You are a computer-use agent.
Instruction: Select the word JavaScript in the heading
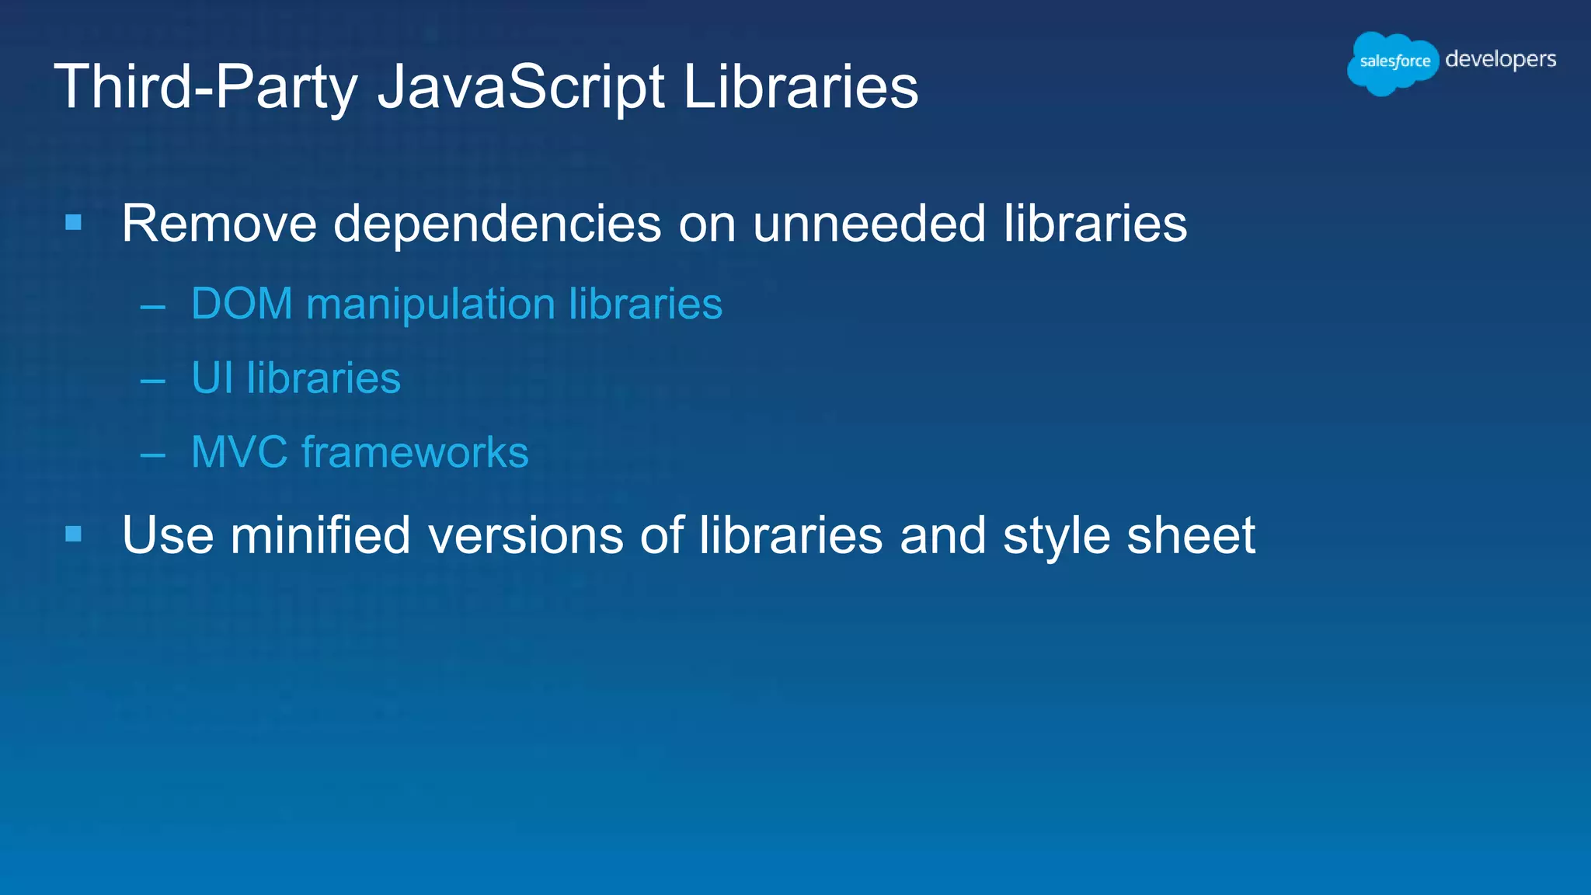coord(520,87)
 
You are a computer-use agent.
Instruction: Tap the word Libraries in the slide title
coord(800,87)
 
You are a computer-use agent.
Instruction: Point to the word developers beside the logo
coord(1500,60)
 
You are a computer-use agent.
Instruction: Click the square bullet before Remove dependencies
coord(74,223)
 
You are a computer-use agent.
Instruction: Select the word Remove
coord(219,224)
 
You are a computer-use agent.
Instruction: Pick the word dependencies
coord(497,224)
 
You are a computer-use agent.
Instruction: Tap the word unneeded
coord(869,224)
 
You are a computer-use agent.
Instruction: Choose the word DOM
coord(242,303)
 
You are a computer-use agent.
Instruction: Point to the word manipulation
coord(430,305)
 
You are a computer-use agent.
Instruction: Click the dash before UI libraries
coord(153,381)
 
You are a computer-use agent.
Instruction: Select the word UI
coord(212,378)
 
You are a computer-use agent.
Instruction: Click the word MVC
coord(239,452)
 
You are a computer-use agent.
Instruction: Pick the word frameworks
coord(415,452)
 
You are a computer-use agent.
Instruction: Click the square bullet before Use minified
coord(74,534)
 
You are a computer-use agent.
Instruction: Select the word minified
coord(320,535)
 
